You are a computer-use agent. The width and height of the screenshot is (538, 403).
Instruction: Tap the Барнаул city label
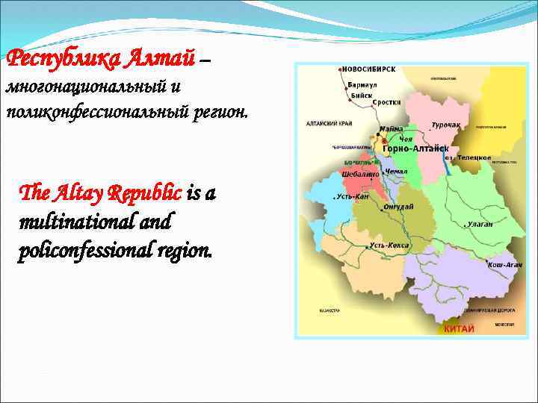363,85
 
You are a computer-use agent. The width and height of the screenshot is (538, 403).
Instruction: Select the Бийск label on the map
359,95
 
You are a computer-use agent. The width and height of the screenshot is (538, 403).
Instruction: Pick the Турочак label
445,125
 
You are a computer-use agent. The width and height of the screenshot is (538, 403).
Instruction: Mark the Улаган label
480,223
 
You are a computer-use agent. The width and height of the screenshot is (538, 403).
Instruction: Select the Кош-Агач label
505,264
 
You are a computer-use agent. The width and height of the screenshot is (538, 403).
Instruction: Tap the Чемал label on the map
397,172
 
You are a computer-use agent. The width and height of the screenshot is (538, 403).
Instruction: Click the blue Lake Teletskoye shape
447,164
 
